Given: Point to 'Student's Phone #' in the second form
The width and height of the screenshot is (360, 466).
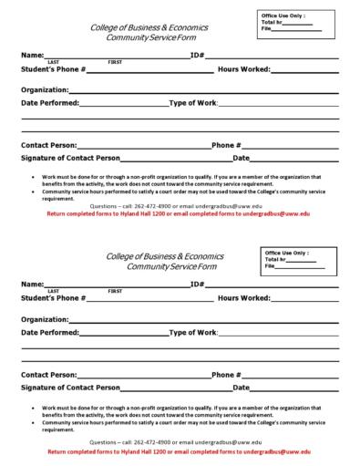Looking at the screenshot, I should (53, 298).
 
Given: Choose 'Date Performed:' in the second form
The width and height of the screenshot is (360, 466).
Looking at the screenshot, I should (49, 333).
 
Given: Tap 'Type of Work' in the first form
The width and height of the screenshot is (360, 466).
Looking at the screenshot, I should (192, 103).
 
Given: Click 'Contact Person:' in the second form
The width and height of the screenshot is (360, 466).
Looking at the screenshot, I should (48, 375).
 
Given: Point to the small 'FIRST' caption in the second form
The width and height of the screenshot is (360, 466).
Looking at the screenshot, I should (116, 291).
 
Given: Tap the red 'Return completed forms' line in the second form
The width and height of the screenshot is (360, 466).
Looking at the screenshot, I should (180, 451).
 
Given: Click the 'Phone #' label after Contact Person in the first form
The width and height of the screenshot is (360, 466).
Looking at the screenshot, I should (226, 145).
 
